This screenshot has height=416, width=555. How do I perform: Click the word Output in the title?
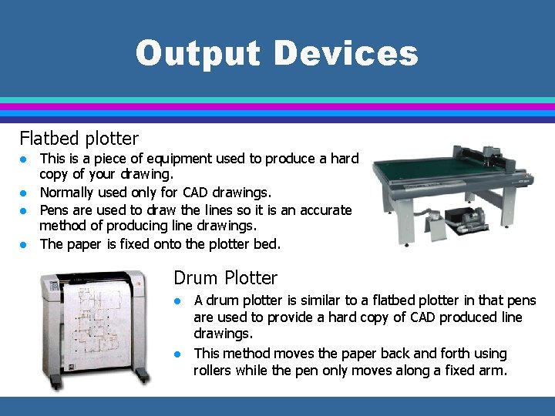[199, 54]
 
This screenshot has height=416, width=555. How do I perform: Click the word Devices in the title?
[345, 54]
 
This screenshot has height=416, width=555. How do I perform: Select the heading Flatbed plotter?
[79, 139]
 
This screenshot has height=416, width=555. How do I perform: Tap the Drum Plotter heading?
[226, 277]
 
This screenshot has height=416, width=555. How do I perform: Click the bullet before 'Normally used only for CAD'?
[25, 193]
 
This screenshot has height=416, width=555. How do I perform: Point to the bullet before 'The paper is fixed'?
[25, 245]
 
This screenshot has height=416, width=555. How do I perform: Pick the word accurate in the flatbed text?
[323, 210]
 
